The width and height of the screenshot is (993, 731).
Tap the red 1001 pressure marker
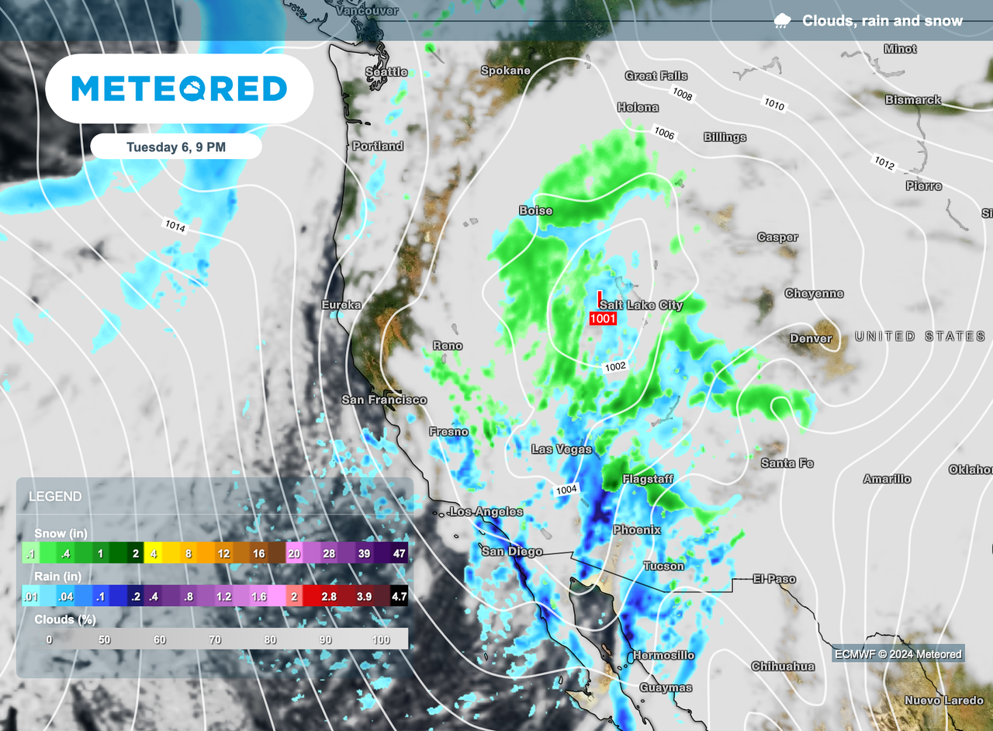(x=603, y=318)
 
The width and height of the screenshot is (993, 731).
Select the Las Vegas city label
(x=562, y=449)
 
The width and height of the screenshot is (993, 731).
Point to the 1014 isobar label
(x=175, y=226)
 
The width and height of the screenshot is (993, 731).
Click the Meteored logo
(x=179, y=88)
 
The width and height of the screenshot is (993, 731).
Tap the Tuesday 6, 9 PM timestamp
(x=176, y=147)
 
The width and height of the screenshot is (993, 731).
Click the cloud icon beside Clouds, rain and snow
(x=782, y=21)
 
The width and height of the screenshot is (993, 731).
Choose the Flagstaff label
(x=648, y=479)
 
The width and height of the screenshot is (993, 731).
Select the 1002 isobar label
(x=615, y=365)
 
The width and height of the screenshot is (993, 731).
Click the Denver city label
(x=811, y=338)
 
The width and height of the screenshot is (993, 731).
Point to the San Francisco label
(x=384, y=400)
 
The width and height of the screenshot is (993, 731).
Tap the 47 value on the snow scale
(x=400, y=553)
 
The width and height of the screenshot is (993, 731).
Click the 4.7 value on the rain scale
(x=398, y=596)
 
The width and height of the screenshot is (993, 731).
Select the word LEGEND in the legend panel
(x=55, y=497)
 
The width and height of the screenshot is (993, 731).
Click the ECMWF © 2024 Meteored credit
(x=898, y=654)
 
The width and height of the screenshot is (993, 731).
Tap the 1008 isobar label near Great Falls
(x=683, y=95)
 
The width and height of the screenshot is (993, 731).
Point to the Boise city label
(x=535, y=210)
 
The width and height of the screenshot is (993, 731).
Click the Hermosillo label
(x=663, y=656)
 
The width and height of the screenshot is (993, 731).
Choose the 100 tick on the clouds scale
(x=382, y=639)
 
